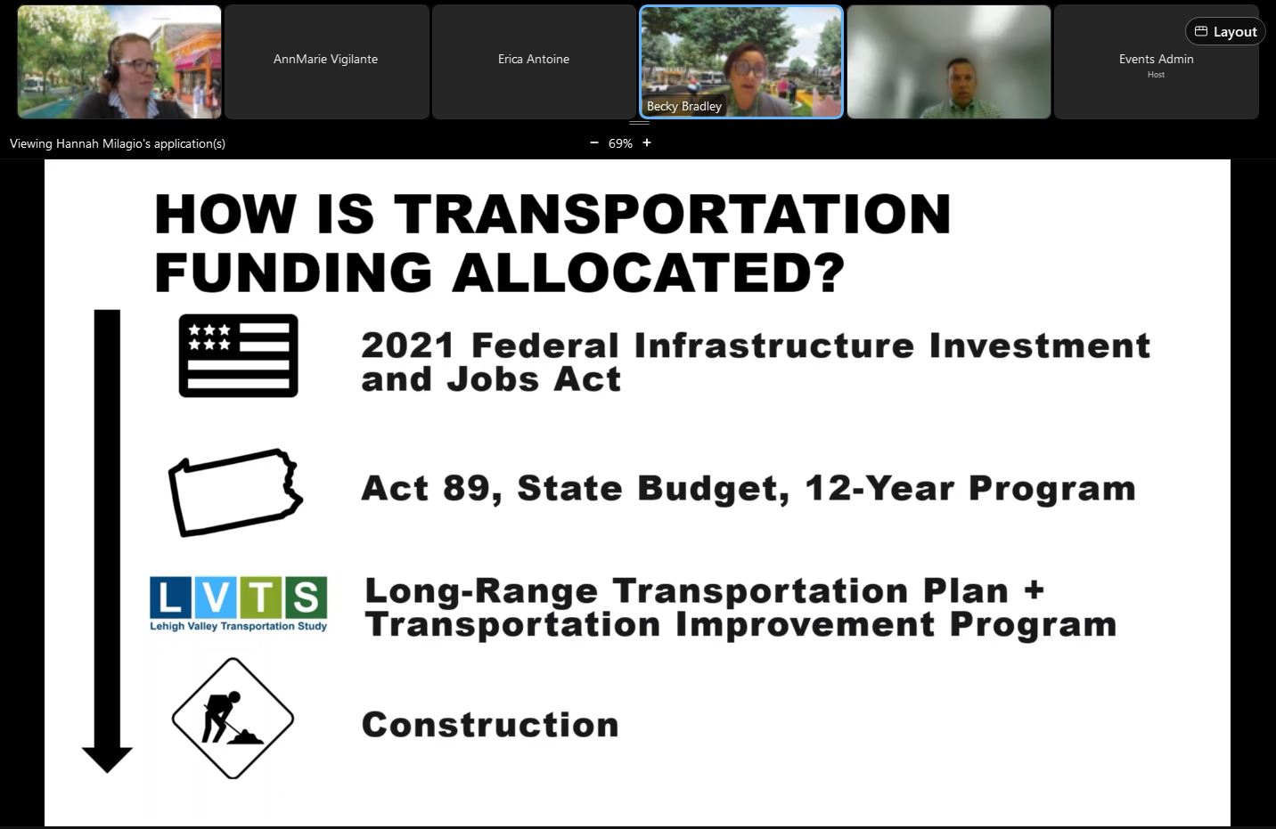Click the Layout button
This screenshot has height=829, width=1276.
point(1224,31)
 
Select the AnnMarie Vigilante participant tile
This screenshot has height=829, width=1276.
point(326,61)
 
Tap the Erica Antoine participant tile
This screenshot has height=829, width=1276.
point(534,61)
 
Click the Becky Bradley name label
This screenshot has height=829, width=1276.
point(684,106)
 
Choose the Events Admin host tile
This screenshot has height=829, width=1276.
point(1157,61)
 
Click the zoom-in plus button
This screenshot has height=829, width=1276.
point(647,142)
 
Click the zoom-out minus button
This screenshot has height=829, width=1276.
point(594,142)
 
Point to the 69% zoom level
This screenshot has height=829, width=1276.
point(620,143)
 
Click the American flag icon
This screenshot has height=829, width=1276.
point(238,355)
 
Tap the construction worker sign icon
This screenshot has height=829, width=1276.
point(233,719)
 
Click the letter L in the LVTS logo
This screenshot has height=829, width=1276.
point(170,597)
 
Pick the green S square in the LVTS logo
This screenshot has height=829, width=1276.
point(306,597)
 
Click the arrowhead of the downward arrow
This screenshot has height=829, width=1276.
point(107,760)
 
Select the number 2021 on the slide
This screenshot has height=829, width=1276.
point(407,345)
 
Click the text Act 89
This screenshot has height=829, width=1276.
point(426,488)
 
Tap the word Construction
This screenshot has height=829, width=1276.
point(490,724)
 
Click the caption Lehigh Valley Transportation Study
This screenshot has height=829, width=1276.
point(238,626)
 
